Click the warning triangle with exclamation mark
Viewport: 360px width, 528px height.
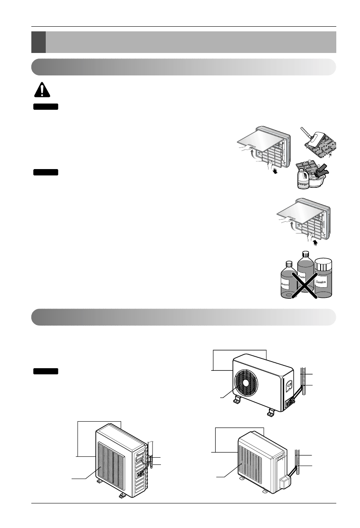[41, 90]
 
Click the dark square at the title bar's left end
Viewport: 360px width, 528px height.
[38, 42]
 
